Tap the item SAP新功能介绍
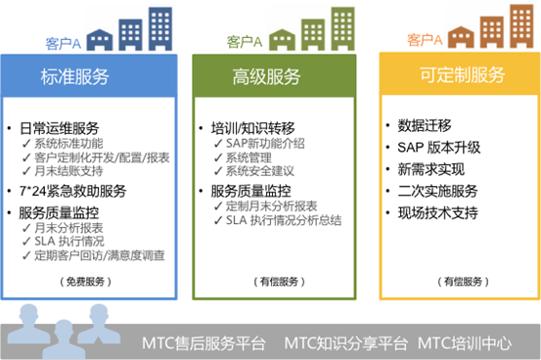(263, 143)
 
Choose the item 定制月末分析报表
(268, 205)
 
